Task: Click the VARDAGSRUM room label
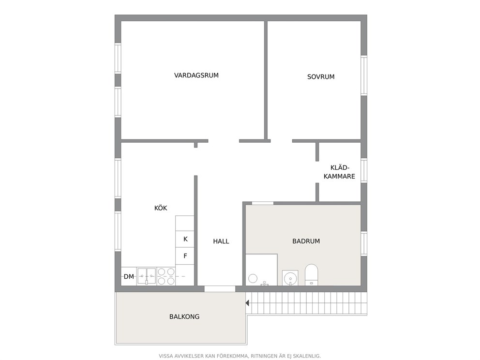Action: pyautogui.click(x=196, y=75)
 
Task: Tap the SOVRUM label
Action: pyautogui.click(x=320, y=77)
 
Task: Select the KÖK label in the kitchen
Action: pyautogui.click(x=161, y=208)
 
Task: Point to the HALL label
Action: pyautogui.click(x=221, y=241)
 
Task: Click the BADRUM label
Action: pyautogui.click(x=306, y=241)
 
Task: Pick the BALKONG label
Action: pyautogui.click(x=184, y=316)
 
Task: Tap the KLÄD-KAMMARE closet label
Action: pyautogui.click(x=339, y=172)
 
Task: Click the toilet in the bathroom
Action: pyautogui.click(x=311, y=274)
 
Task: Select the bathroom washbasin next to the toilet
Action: pyautogui.click(x=290, y=278)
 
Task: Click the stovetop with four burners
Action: pyautogui.click(x=166, y=276)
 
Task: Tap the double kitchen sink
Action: pyautogui.click(x=147, y=276)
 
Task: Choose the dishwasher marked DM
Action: pyautogui.click(x=129, y=276)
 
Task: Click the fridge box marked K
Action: pyautogui.click(x=185, y=239)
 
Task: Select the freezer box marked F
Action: pyautogui.click(x=185, y=256)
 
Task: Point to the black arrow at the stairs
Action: pyautogui.click(x=247, y=303)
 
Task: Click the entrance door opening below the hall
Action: pyautogui.click(x=220, y=289)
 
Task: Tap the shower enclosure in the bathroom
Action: pyautogui.click(x=261, y=270)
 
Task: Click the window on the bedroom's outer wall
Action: pyautogui.click(x=364, y=75)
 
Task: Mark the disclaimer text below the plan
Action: pyautogui.click(x=240, y=356)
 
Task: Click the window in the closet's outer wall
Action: pyautogui.click(x=364, y=170)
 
